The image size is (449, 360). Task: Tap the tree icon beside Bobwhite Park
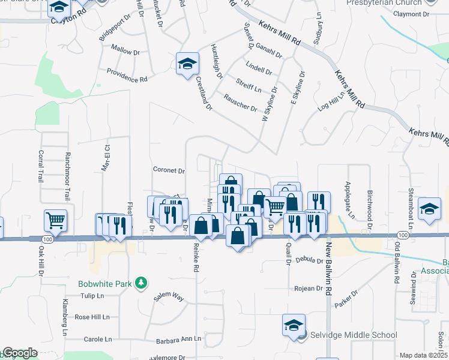(x=141, y=282)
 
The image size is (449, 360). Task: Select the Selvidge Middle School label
(x=345, y=335)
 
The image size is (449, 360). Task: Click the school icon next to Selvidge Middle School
(x=293, y=326)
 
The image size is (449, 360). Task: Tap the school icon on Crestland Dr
(x=187, y=64)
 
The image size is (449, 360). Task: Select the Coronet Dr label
(x=168, y=170)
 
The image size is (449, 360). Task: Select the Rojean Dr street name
(x=309, y=289)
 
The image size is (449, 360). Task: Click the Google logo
(x=19, y=353)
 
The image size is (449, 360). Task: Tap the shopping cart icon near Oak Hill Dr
(x=55, y=220)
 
